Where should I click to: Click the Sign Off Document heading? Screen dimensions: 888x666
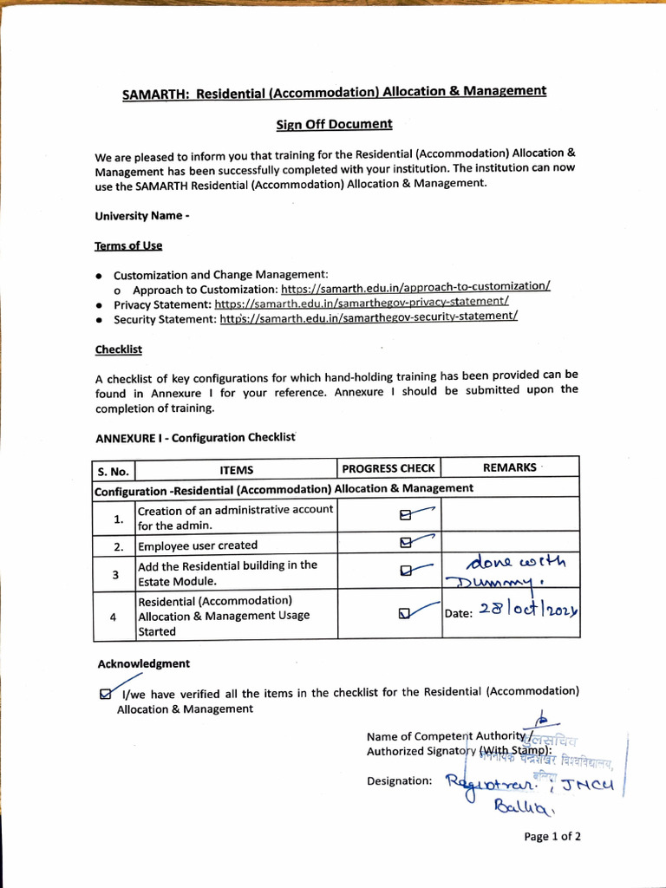(x=334, y=124)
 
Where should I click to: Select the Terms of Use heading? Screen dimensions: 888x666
(x=128, y=245)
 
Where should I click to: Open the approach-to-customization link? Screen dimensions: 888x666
(x=415, y=287)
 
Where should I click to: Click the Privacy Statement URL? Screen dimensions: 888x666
(x=362, y=303)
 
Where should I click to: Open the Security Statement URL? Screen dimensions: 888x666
(x=369, y=318)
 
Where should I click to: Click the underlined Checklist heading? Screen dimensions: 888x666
(x=118, y=349)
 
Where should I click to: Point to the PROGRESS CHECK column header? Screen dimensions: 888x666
(x=388, y=468)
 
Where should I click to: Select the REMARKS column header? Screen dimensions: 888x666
(x=509, y=467)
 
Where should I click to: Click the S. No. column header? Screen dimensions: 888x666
(x=114, y=471)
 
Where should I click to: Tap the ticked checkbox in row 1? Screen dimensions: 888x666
(x=404, y=515)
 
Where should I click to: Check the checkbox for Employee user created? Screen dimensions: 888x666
(x=405, y=544)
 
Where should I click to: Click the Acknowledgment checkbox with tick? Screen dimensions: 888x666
(x=106, y=693)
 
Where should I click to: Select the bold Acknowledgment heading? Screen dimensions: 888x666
(x=143, y=663)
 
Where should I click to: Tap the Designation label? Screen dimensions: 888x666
(x=399, y=781)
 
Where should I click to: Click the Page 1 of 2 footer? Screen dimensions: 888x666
(x=552, y=837)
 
